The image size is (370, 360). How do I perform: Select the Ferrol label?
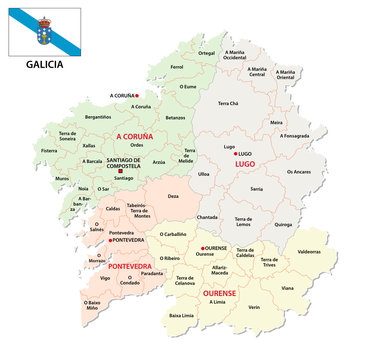click(177, 66)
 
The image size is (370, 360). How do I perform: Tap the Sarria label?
click(257, 187)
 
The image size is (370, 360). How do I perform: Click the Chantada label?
click(207, 217)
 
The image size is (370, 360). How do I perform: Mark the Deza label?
click(174, 197)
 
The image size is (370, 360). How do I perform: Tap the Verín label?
click(255, 307)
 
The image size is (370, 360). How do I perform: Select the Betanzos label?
click(176, 117)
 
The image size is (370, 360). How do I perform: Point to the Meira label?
click(276, 122)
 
